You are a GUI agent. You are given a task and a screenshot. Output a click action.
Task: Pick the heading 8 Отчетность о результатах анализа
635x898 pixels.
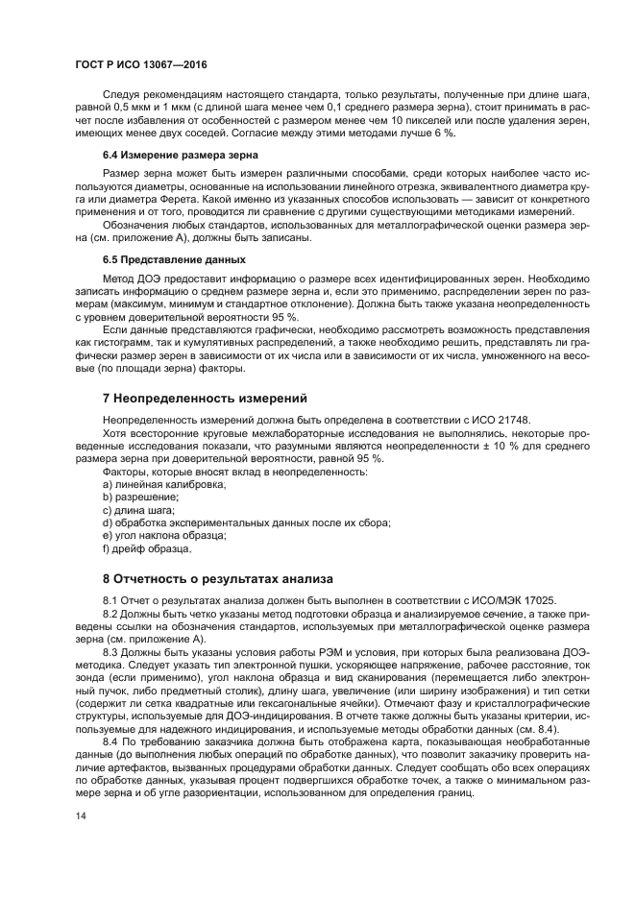click(217, 579)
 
